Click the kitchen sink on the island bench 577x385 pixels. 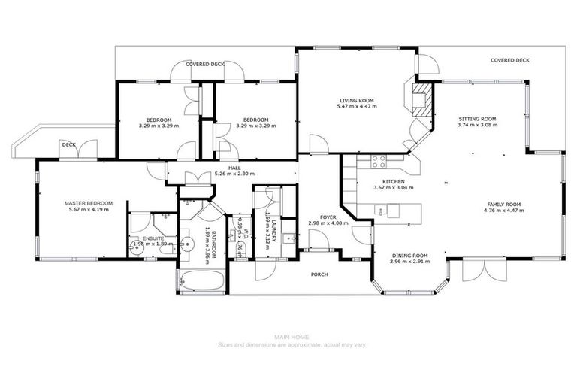[x=381, y=211]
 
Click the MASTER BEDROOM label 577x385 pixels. [x=88, y=204]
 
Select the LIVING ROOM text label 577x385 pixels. [x=356, y=100]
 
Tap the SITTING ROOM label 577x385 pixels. [x=478, y=119]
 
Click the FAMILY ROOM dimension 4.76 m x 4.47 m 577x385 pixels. [x=503, y=211]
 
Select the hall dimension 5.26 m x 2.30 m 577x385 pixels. [x=235, y=174]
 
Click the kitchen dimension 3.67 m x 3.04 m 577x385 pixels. [x=394, y=189]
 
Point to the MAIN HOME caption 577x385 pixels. [x=288, y=338]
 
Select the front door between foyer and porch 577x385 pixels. [x=319, y=243]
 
